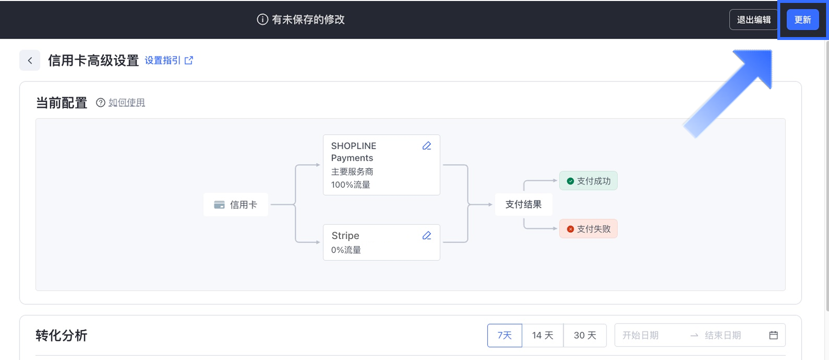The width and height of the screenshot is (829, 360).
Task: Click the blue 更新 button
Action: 802,20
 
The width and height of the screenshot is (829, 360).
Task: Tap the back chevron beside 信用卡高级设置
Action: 30,60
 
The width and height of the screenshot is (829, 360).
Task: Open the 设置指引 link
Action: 169,60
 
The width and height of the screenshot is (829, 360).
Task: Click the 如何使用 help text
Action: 126,103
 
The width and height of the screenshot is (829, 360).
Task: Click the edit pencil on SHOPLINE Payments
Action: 427,146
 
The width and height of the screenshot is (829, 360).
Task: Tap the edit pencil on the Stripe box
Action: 427,236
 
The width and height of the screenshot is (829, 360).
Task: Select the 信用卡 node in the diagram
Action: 236,205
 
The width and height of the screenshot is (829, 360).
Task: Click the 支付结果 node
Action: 523,204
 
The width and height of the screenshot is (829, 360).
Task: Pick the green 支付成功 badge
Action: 588,181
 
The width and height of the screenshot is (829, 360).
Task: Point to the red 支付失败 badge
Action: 588,229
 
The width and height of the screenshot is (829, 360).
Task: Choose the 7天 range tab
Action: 504,336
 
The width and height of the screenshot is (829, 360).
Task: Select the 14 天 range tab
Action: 542,336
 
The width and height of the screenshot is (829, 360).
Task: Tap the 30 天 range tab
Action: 585,336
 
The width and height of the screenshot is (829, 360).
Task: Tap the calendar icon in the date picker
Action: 773,336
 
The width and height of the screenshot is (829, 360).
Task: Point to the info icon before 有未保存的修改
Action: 262,20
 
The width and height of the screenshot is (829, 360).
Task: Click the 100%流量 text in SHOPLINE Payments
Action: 351,185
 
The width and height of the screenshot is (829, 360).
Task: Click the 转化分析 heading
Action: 61,336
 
